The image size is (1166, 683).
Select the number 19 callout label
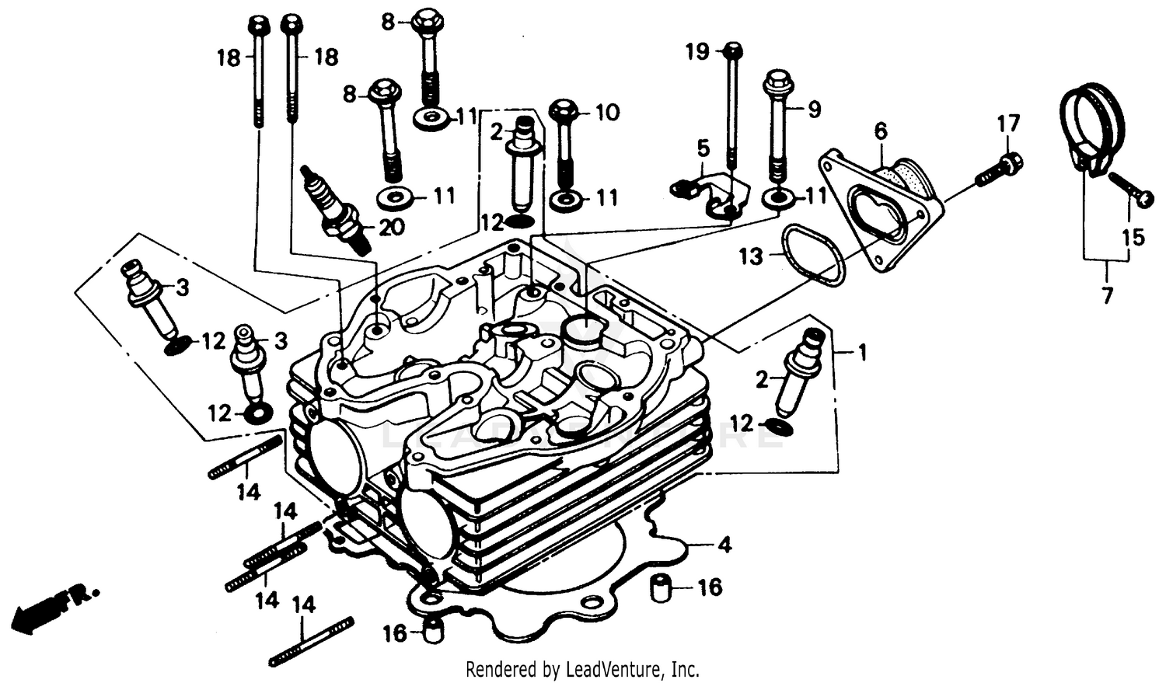tap(697, 52)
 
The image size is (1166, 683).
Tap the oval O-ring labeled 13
tap(812, 255)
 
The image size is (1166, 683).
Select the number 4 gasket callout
tap(724, 545)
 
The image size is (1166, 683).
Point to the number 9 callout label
tap(814, 110)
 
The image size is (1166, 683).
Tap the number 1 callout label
tap(861, 353)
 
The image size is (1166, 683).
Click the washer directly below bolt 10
tap(564, 199)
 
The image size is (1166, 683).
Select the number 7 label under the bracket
tap(1107, 295)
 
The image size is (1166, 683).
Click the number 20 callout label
tap(391, 228)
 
